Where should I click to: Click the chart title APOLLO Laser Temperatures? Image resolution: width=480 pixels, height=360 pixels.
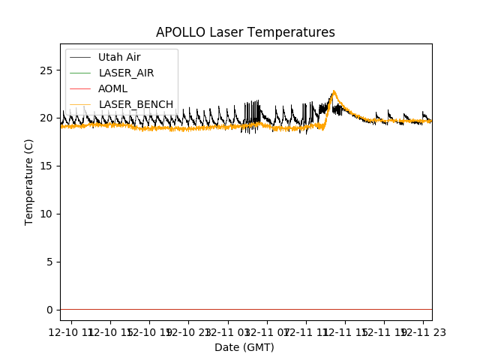tap(245, 32)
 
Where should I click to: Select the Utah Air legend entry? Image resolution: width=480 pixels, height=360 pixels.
tap(119, 57)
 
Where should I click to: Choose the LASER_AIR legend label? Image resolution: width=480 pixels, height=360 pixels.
tap(126, 73)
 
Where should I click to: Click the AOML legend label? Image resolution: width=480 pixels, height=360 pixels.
tap(112, 88)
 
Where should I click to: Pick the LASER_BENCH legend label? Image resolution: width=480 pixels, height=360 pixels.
tap(136, 104)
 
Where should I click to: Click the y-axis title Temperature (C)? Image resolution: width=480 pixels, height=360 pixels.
tap(29, 181)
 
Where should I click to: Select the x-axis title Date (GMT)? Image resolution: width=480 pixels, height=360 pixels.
tap(244, 347)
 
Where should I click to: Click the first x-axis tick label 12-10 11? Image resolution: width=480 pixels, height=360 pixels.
tap(70, 331)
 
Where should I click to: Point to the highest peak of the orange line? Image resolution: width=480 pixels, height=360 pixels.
tap(334, 91)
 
